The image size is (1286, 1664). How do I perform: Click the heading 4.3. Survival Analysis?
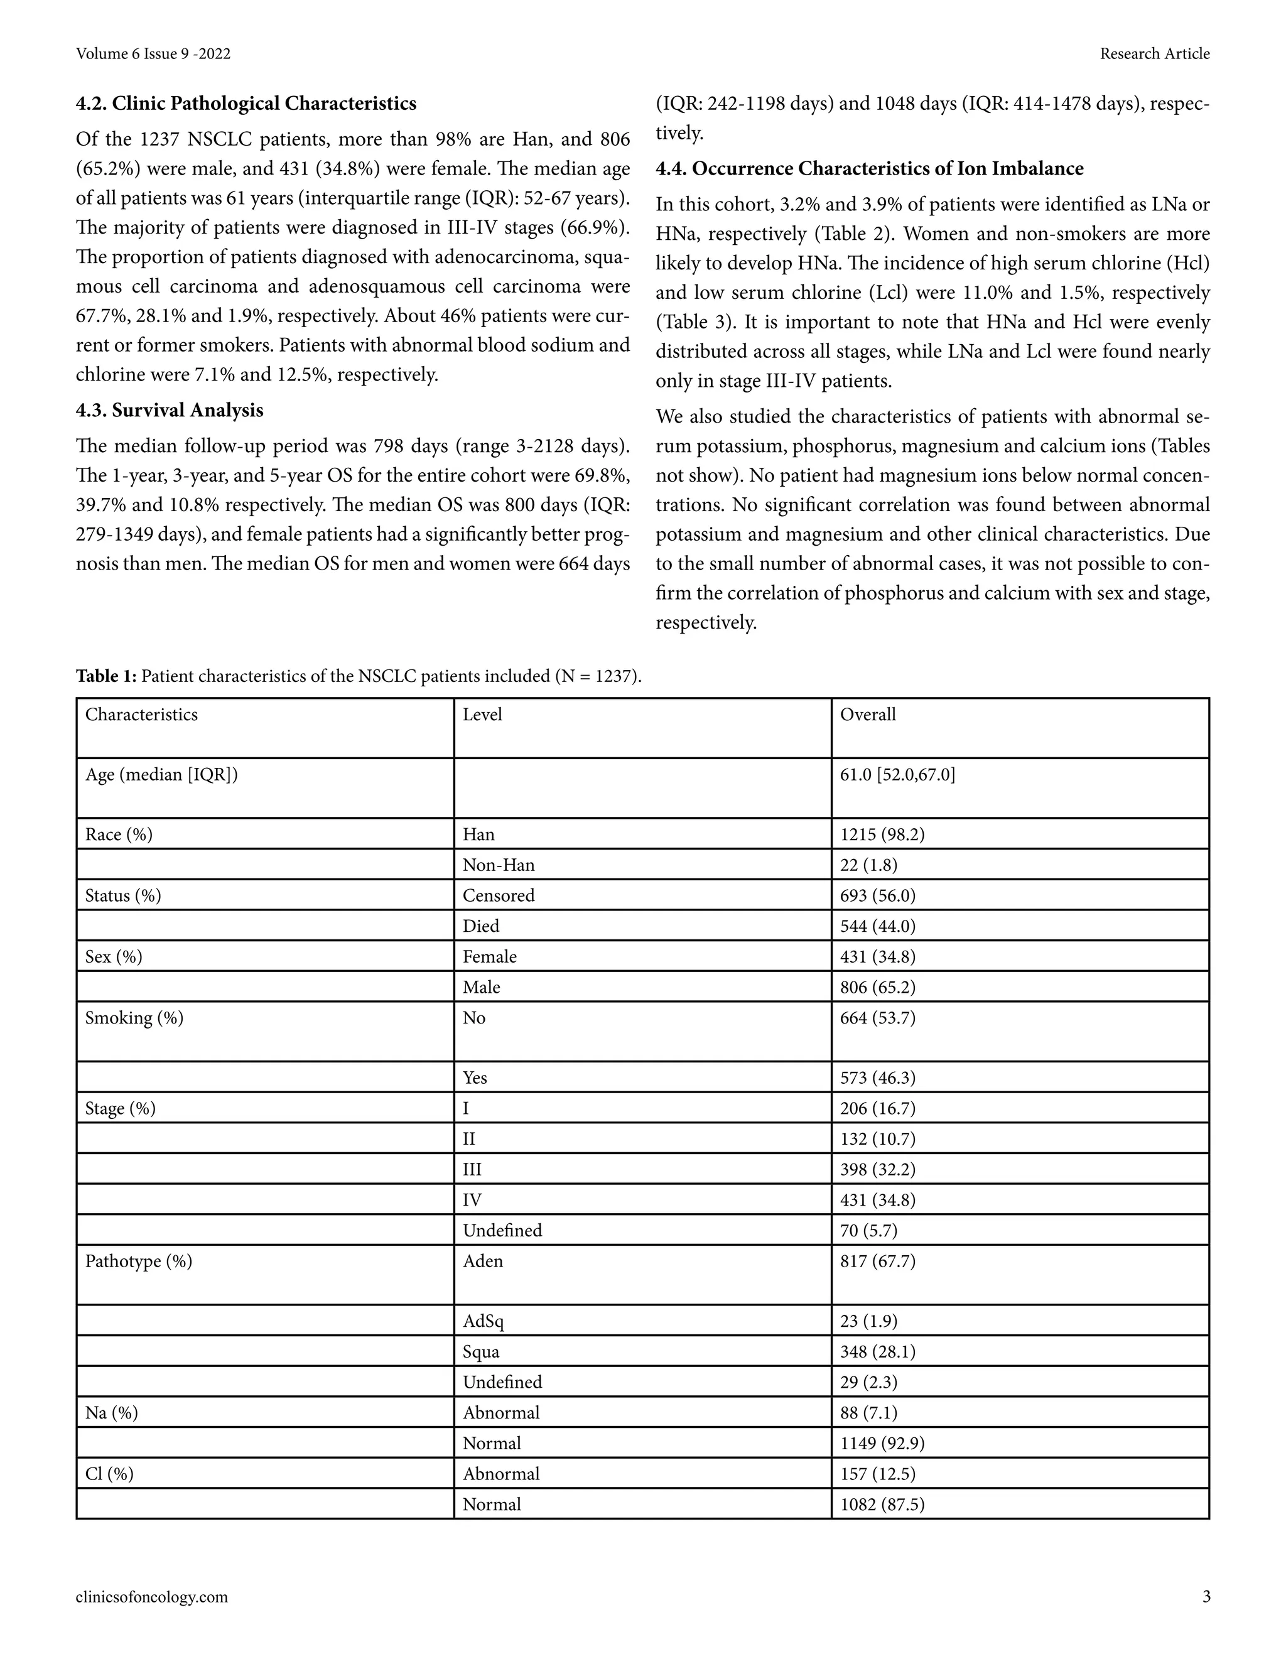[x=169, y=411]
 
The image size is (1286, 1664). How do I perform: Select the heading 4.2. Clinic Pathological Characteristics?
[x=246, y=104]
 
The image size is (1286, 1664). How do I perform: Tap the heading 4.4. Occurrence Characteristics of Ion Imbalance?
[x=869, y=168]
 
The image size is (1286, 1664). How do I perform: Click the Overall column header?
[x=868, y=715]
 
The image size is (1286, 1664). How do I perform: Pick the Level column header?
[x=482, y=715]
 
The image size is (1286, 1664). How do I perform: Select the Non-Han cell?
[x=498, y=865]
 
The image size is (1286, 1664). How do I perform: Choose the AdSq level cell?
[x=483, y=1322]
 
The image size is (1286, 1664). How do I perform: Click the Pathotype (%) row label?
[x=139, y=1262]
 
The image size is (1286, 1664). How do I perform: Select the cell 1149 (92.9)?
[x=882, y=1444]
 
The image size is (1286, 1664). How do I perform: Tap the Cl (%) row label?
[x=109, y=1474]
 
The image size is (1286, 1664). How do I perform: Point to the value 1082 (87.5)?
[x=882, y=1505]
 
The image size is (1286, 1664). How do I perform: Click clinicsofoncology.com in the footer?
[x=151, y=1597]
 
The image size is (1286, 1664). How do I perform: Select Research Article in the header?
[x=1154, y=54]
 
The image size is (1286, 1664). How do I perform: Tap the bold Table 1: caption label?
[x=106, y=676]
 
